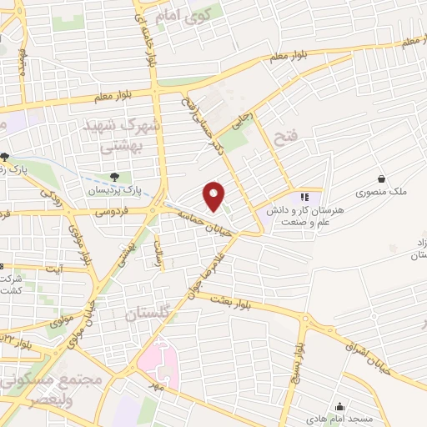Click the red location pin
tap(215, 196)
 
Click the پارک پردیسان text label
tap(111, 190)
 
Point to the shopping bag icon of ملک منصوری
tap(381, 178)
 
